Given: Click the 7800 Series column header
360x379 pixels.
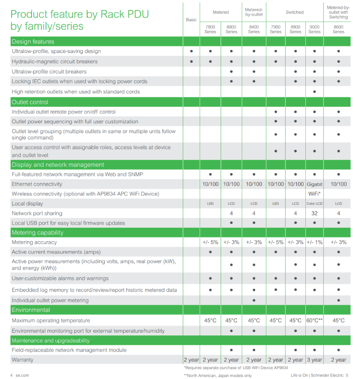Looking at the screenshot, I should tap(210, 29).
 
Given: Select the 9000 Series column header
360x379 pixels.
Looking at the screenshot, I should tap(314, 29).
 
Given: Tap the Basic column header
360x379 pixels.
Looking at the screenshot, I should tap(191, 20).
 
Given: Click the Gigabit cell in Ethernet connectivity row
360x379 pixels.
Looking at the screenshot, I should tap(314, 184).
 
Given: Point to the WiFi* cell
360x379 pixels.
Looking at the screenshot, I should tap(314, 194).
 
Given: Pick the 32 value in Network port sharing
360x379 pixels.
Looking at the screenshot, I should tap(314, 213).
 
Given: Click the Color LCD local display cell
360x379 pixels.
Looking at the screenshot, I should tap(314, 204).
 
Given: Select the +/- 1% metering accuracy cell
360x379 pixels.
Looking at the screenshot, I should tap(314, 242).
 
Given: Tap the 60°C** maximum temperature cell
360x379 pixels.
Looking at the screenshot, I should tap(314, 320).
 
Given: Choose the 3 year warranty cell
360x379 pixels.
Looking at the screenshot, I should tap(314, 360).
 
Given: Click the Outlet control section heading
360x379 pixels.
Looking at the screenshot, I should tap(30, 102).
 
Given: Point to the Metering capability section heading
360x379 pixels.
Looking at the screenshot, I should tap(37, 233).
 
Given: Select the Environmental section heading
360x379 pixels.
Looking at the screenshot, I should tap(31, 310).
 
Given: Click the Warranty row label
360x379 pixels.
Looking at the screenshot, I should tap(22, 360).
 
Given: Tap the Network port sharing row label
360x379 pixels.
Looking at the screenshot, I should tap(37, 213).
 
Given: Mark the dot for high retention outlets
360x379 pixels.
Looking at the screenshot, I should tap(314, 92).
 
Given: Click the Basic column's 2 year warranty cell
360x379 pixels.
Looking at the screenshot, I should tap(191, 360).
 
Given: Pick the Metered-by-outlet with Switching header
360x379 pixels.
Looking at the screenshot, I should tap(338, 12).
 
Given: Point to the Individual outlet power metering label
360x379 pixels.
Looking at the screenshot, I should tap(50, 300).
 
